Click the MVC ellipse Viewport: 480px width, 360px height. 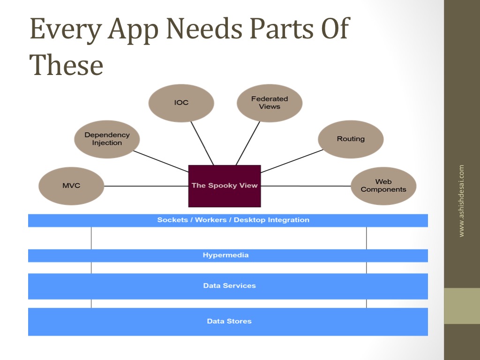point(71,186)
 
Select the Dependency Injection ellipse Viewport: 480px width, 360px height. point(107,139)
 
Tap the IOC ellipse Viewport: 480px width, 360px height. point(181,103)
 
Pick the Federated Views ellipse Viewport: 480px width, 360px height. point(270,103)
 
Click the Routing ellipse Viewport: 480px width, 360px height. point(351,139)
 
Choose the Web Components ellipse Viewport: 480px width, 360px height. point(383,186)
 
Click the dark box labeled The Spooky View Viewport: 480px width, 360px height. point(225,186)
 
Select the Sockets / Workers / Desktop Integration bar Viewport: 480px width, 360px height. point(228,220)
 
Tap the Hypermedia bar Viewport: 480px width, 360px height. point(228,255)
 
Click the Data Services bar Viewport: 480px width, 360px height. point(228,286)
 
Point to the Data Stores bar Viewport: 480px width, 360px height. point(228,322)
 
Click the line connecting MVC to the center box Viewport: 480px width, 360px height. point(146,186)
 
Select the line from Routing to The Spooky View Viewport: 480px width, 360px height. point(292,161)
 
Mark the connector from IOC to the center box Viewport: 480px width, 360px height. point(202,143)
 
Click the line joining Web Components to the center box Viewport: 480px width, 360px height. point(306,186)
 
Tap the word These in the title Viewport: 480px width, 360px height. point(66,65)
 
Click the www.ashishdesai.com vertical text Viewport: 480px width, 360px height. point(461,201)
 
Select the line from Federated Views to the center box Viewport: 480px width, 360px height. point(248,143)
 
